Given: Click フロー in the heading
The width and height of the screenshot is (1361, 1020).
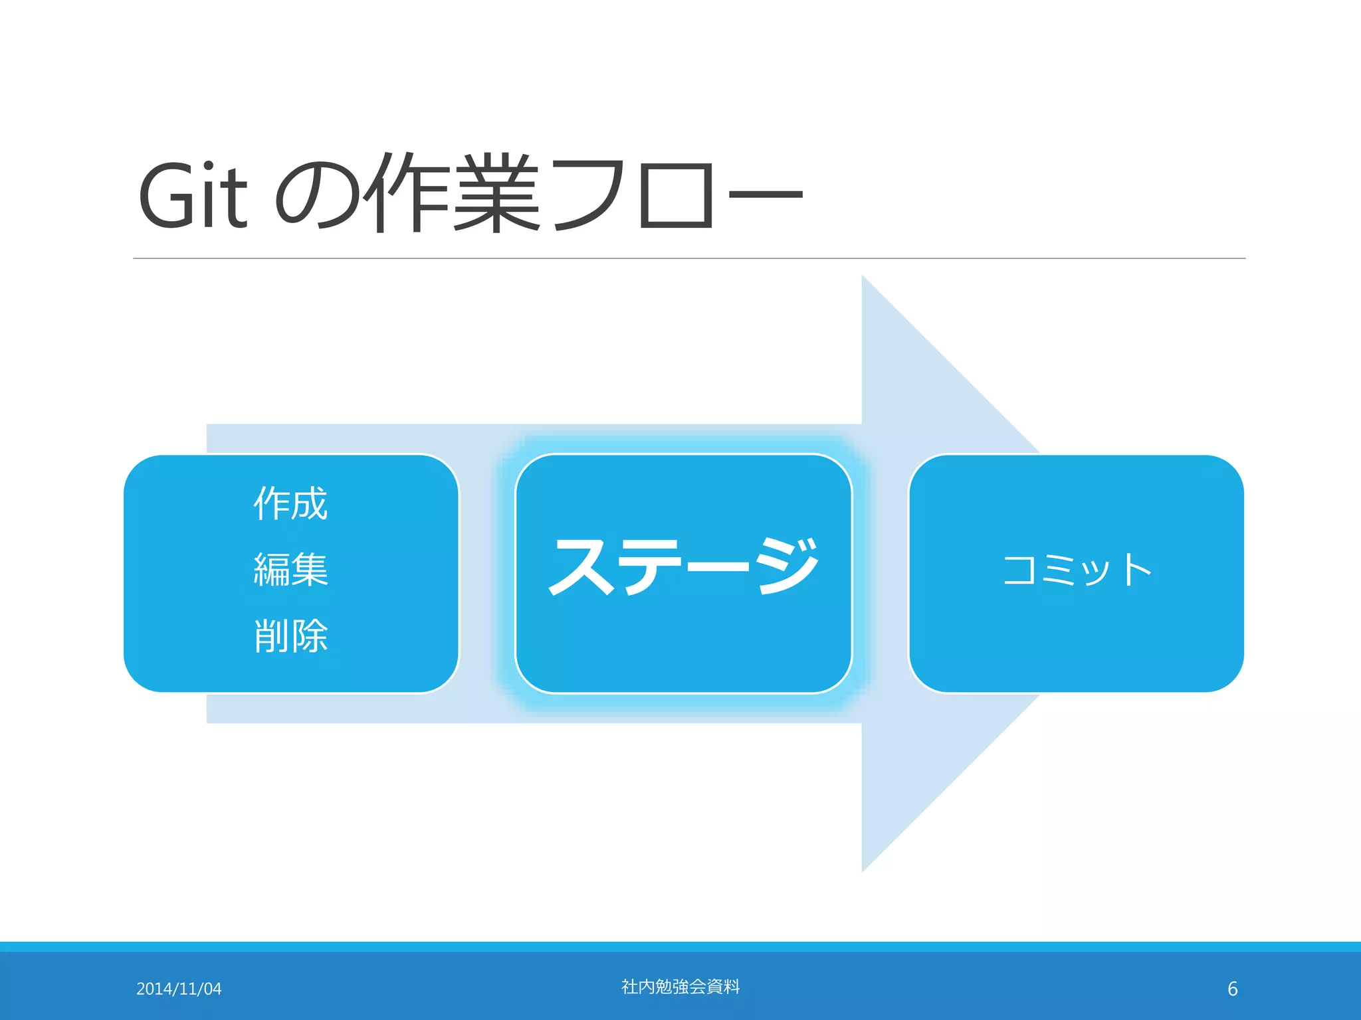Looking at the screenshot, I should click(678, 194).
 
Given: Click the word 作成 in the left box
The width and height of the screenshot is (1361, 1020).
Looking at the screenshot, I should click(290, 503).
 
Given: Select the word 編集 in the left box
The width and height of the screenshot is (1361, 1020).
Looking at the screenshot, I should click(290, 570).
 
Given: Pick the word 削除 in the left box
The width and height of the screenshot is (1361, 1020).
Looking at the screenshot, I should click(290, 636).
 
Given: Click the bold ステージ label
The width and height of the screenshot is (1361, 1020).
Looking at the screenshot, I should click(684, 566).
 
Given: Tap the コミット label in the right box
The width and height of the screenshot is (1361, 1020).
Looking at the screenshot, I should click(1076, 570).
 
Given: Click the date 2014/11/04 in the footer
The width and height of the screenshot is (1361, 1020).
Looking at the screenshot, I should click(179, 989).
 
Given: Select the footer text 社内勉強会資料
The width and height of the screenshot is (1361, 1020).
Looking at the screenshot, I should click(680, 987).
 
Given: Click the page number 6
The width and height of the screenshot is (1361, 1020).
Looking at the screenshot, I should click(1232, 989).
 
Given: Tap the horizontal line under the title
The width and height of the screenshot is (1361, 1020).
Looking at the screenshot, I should click(688, 258).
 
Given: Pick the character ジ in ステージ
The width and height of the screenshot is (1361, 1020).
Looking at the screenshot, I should click(787, 566).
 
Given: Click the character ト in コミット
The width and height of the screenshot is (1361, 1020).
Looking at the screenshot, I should click(1137, 570).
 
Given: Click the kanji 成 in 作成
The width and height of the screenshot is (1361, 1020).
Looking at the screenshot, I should click(310, 503).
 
